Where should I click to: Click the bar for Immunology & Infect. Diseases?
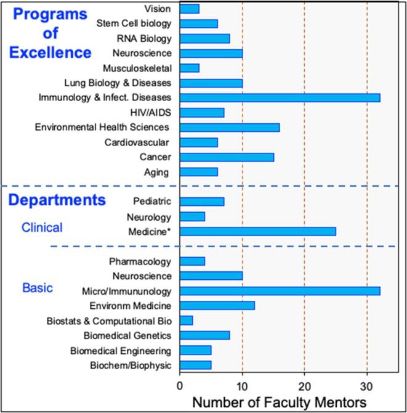280,97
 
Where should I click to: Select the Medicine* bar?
257,231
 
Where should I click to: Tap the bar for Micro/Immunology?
280,290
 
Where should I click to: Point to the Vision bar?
189,9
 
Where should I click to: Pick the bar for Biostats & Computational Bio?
186,320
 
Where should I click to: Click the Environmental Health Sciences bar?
230,127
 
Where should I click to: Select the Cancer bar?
227,157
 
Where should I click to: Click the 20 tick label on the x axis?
304,386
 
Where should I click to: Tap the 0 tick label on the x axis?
180,386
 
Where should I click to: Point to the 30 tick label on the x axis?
367,386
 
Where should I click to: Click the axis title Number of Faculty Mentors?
280,403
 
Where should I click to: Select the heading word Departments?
57,200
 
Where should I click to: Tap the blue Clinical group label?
42,227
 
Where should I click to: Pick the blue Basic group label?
38,288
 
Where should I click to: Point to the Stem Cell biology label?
134,23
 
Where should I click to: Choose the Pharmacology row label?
140,261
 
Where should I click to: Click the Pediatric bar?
201,202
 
